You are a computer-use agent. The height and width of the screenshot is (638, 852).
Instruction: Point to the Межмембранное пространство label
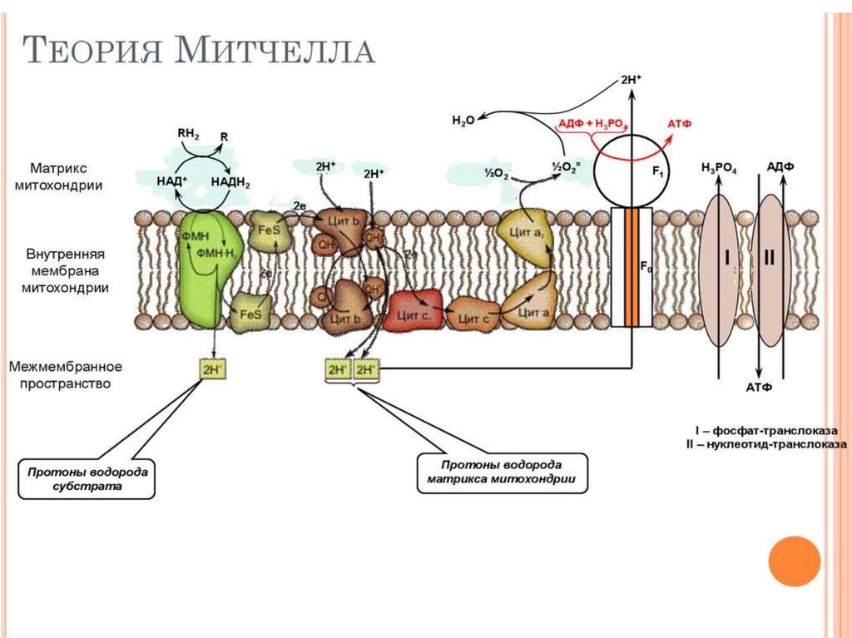(66, 375)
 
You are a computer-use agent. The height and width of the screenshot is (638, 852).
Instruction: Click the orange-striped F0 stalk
(632, 266)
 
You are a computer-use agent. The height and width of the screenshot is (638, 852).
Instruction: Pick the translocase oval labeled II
(770, 258)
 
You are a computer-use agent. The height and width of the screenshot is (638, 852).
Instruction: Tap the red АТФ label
(680, 124)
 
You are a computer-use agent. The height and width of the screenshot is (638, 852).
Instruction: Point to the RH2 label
(189, 132)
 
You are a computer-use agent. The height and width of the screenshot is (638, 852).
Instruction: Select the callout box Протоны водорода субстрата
(87, 477)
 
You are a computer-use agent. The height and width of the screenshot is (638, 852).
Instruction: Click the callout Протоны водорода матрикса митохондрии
(502, 472)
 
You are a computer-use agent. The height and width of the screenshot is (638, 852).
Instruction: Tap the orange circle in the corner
(794, 560)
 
